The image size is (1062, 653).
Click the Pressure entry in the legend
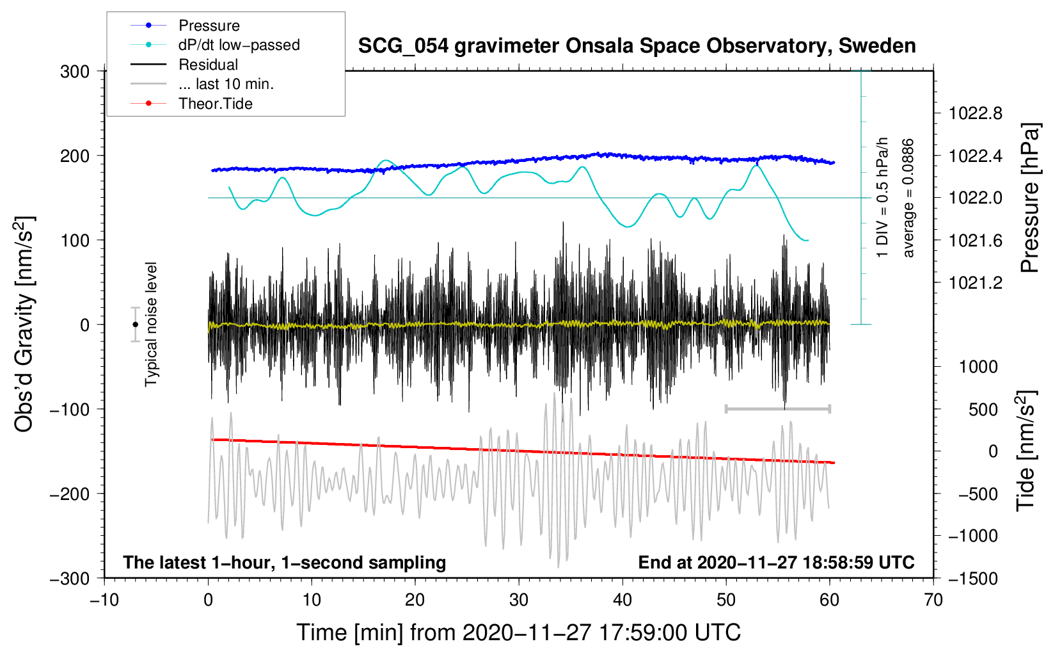[x=209, y=26]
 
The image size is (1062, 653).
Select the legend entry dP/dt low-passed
[x=239, y=45]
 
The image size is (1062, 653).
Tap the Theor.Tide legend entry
[x=215, y=104]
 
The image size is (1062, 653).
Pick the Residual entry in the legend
[x=208, y=65]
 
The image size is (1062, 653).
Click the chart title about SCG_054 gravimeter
[x=637, y=46]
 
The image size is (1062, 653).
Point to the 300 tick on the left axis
[x=75, y=72]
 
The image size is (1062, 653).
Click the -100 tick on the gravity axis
[x=70, y=409]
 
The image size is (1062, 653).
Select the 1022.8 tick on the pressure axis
[x=976, y=114]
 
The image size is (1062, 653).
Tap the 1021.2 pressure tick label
[x=976, y=283]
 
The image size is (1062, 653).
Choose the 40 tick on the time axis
[x=622, y=601]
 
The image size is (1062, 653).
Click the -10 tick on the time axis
[x=104, y=601]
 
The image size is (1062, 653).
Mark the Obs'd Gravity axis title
[x=24, y=325]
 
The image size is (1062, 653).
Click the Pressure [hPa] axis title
[x=1029, y=198]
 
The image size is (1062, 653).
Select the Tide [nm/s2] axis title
[x=1026, y=451]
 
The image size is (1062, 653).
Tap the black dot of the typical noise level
[x=135, y=325]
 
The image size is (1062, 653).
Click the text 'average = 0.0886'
[x=908, y=198]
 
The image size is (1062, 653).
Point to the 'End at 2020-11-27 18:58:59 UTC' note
[x=776, y=563]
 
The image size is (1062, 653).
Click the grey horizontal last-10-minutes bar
[x=777, y=408]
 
